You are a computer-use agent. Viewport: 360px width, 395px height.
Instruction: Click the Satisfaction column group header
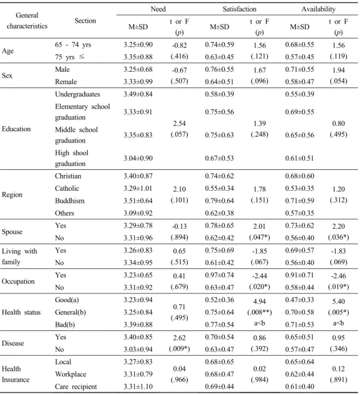(x=239, y=9)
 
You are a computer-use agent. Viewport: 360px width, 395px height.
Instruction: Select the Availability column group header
(x=319, y=9)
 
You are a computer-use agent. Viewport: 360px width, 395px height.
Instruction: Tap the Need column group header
(x=158, y=9)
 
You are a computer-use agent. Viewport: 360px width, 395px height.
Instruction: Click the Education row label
(x=16, y=129)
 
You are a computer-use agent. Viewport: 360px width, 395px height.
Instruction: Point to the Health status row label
(x=21, y=312)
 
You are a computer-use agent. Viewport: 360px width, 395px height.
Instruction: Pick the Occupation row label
(x=18, y=281)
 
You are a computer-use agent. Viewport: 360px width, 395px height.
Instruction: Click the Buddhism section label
(x=70, y=201)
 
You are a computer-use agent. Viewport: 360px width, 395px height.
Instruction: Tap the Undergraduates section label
(x=78, y=94)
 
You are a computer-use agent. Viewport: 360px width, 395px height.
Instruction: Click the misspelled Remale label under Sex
(x=66, y=82)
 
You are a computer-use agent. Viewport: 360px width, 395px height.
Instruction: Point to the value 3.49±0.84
(x=138, y=94)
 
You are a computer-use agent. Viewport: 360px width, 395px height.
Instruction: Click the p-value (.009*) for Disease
(x=179, y=349)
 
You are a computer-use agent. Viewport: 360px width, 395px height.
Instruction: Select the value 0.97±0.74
(x=219, y=275)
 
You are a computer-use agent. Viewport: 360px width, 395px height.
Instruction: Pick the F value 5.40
(x=338, y=302)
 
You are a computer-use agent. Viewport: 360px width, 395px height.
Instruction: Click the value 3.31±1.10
(x=138, y=387)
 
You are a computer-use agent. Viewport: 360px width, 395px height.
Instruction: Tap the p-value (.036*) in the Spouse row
(x=338, y=237)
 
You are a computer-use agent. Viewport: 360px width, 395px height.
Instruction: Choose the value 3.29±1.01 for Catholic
(x=138, y=188)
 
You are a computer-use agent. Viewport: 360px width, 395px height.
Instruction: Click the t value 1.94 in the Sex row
(x=338, y=70)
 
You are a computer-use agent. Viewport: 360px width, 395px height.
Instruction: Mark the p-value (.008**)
(x=260, y=312)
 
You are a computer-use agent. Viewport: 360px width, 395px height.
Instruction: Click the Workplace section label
(x=71, y=375)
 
